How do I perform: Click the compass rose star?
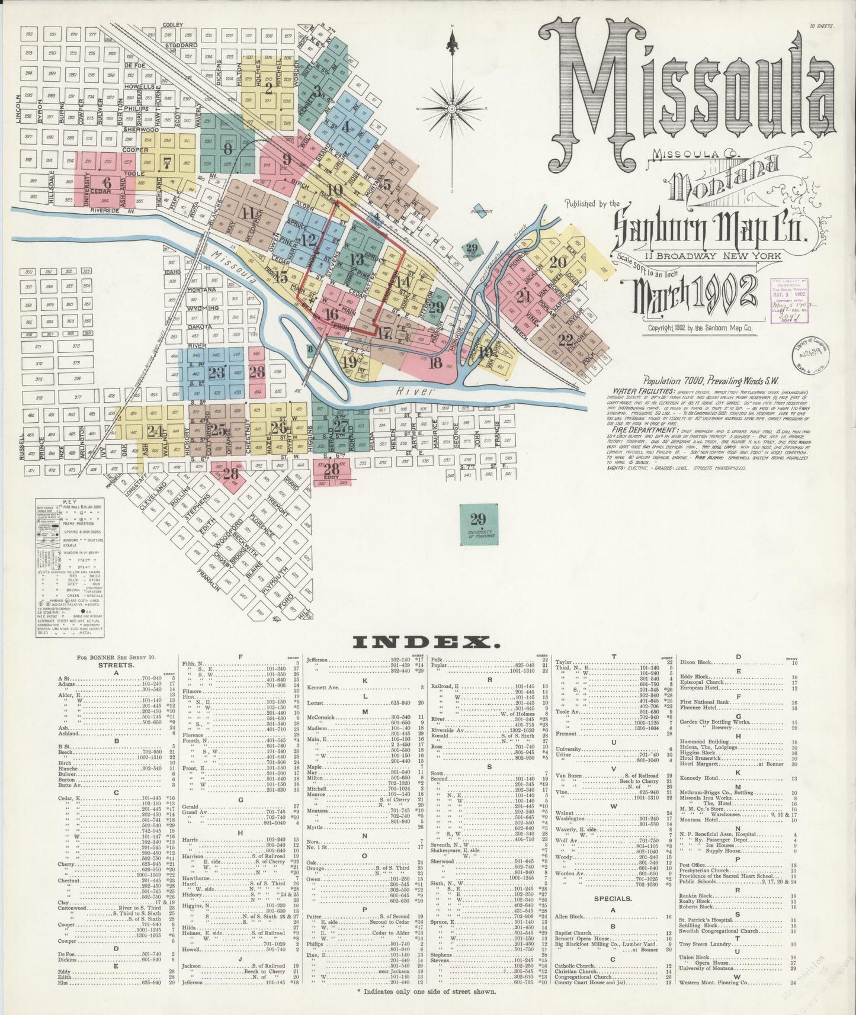tap(453, 108)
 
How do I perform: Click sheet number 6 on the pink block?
tap(107, 182)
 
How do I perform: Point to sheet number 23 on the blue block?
tap(217, 372)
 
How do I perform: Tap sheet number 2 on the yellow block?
tap(268, 89)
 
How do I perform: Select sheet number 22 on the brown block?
tap(565, 340)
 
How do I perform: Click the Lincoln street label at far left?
tap(20, 108)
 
